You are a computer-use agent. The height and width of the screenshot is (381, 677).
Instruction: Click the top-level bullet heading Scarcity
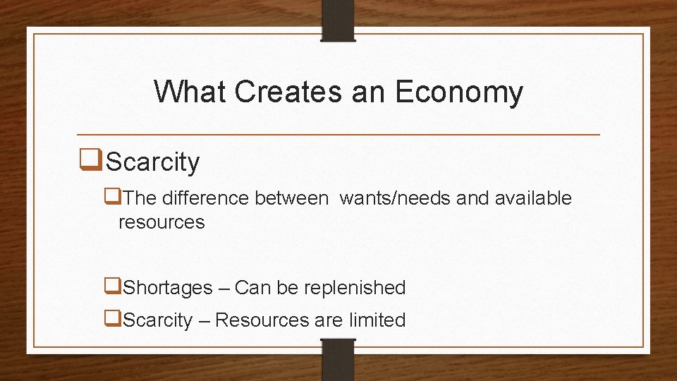152,162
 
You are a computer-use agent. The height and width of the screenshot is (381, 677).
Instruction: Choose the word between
291,199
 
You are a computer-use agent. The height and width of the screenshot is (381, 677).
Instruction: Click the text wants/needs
395,199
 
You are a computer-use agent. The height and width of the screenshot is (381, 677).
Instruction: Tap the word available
533,199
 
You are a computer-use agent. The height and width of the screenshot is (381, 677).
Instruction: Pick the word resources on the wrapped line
161,222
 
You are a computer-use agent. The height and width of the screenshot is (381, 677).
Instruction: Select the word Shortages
167,288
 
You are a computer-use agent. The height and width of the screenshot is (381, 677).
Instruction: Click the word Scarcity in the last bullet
157,320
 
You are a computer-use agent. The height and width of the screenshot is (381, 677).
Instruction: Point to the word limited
377,320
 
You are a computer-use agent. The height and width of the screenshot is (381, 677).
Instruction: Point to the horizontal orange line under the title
338,134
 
